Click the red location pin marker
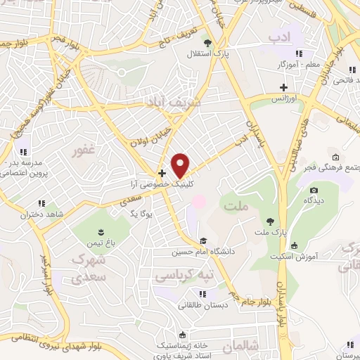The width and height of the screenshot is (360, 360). coord(181,165)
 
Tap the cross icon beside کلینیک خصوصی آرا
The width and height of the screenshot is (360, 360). coord(162,172)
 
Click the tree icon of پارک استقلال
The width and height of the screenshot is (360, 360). coord(207,42)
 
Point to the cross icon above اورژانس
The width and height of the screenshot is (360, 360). coord(283,89)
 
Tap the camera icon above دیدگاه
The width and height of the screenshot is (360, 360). coord(314,190)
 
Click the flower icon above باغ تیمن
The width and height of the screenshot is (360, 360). coord(102,232)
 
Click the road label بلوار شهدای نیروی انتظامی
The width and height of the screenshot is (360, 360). coord(91,340)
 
